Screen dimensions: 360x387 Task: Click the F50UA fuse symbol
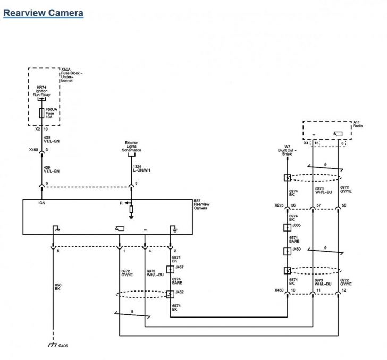tap(41, 113)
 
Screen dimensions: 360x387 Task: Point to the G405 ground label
tap(63, 345)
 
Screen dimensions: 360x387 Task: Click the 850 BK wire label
tap(58, 287)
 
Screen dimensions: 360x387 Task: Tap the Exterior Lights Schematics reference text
tap(133, 147)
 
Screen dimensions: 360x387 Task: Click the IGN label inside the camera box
tap(42, 203)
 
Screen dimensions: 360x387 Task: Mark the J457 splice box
tap(171, 269)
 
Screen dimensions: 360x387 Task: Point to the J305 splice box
tap(288, 228)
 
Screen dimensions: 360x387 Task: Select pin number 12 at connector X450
tap(345, 290)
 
